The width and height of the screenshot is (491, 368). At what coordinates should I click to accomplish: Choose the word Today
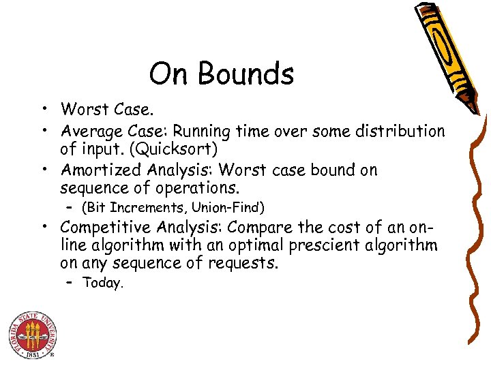coord(103,283)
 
